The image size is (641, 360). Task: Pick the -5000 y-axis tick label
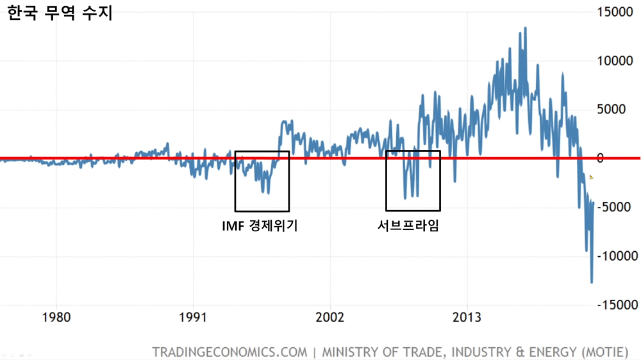[615, 207]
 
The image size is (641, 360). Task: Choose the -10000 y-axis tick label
[613, 256]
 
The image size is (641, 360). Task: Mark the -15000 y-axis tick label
[613, 304]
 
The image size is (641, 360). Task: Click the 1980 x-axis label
[56, 317]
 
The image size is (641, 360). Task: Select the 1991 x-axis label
[193, 317]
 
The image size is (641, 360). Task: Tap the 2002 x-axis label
[330, 317]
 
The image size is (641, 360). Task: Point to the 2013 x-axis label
[467, 317]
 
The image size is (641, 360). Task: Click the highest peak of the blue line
[526, 28]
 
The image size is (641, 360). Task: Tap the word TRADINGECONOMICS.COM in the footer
[229, 352]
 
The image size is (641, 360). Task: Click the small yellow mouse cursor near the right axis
[592, 177]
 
